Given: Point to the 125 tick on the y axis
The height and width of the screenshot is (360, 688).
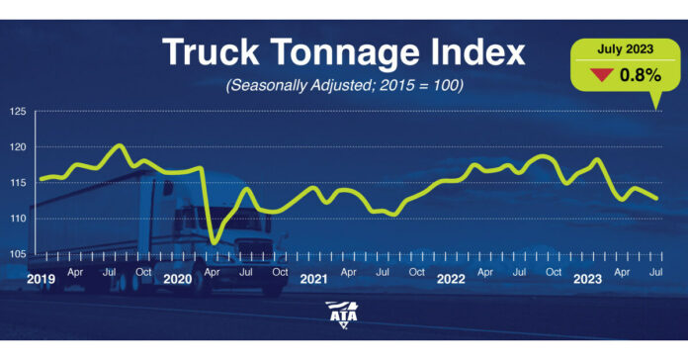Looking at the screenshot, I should tap(18, 112).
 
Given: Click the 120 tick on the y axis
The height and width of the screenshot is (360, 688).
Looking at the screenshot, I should tap(18, 147).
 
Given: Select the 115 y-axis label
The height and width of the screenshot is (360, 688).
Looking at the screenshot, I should tap(18, 183).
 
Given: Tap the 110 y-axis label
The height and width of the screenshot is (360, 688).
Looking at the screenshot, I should tap(18, 219).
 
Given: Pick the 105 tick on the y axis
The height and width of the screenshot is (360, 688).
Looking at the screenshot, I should tap(18, 254).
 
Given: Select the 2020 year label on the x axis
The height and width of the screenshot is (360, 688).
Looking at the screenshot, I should tap(177, 279).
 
